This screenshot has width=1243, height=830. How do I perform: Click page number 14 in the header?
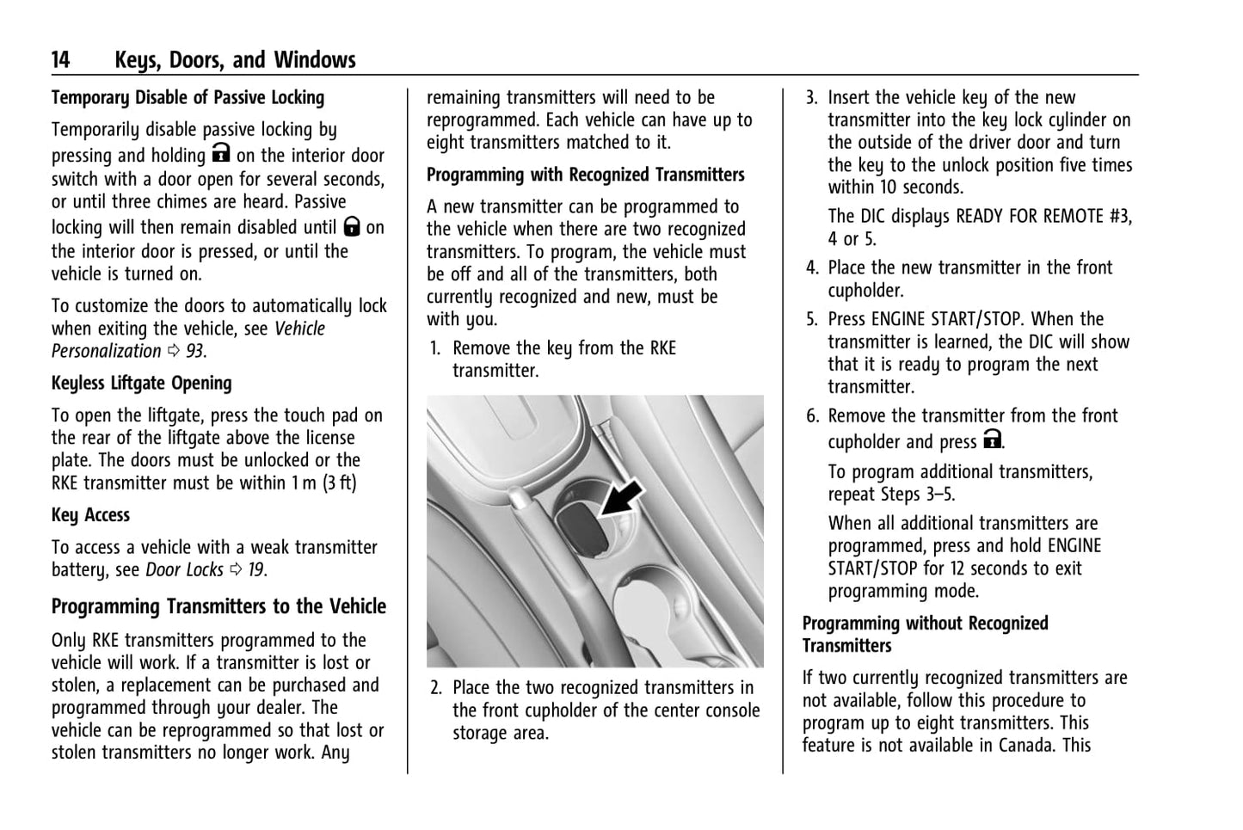click(61, 60)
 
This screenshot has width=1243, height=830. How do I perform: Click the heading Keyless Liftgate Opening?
click(142, 384)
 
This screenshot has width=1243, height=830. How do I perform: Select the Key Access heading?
click(90, 515)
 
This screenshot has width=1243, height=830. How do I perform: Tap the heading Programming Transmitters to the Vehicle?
click(218, 607)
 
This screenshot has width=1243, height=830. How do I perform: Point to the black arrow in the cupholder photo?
click(622, 499)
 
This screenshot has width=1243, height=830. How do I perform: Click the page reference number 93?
click(195, 352)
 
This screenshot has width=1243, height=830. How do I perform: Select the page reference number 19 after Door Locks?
click(256, 570)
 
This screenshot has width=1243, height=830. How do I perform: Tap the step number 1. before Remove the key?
click(435, 348)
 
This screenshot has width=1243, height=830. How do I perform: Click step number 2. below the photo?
click(436, 688)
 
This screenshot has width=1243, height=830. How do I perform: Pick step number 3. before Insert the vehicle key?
click(811, 98)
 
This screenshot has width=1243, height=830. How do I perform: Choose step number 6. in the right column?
click(812, 416)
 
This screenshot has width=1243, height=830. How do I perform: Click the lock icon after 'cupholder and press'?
click(992, 440)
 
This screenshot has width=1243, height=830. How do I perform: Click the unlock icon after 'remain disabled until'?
click(351, 226)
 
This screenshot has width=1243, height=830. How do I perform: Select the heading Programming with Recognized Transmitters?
click(586, 175)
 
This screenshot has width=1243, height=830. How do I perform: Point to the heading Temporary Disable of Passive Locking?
click(188, 98)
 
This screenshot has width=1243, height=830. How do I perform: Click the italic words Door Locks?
click(184, 570)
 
